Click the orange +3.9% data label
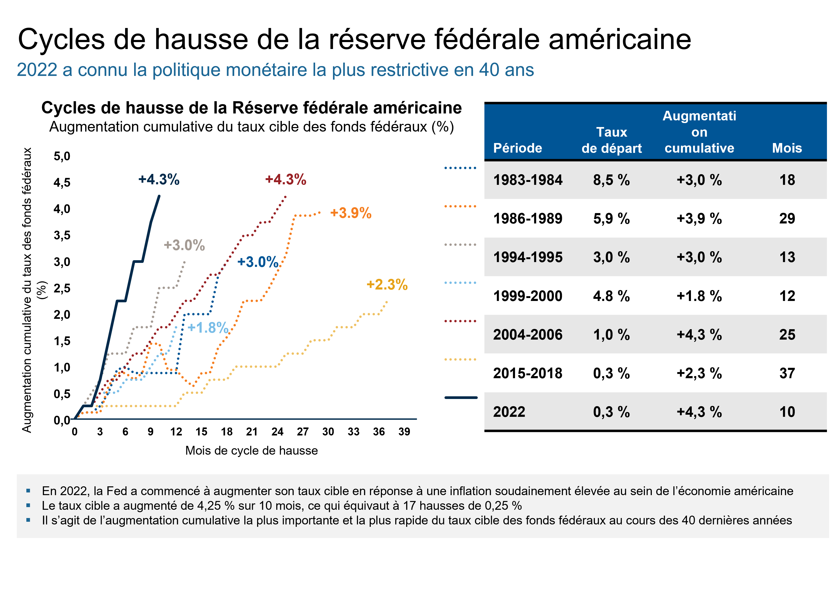click(x=350, y=213)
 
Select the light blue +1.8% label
click(x=208, y=328)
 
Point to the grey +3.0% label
click(x=184, y=245)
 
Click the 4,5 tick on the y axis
click(x=62, y=182)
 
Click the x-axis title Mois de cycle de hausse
click(x=251, y=450)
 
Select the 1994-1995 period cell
click(x=527, y=257)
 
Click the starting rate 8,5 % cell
click(x=611, y=180)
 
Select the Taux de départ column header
click(x=611, y=140)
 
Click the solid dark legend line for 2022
click(x=461, y=398)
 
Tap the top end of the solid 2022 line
click(x=159, y=196)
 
